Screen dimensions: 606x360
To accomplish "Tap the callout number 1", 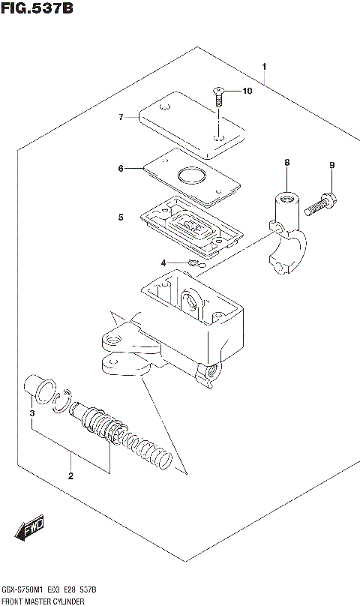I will click(264, 67).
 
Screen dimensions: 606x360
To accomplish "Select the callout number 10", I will click(247, 91).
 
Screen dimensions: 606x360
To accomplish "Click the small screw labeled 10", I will click(218, 96).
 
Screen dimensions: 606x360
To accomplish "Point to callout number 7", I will click(120, 117).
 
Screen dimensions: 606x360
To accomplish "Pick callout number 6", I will click(120, 169).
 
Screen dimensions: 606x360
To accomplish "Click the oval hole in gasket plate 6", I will click(190, 178).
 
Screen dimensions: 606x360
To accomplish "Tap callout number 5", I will click(120, 217).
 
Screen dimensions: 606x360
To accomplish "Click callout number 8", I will click(286, 163).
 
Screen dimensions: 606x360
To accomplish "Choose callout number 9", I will click(331, 165).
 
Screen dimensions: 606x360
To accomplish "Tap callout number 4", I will click(163, 262).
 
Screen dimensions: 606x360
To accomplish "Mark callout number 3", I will click(31, 413).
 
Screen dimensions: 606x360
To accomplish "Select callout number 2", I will click(70, 475).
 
